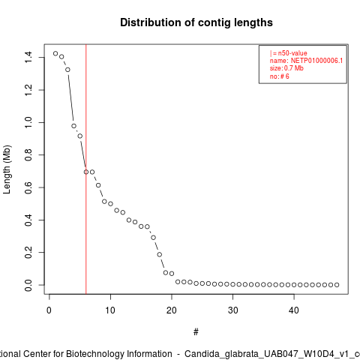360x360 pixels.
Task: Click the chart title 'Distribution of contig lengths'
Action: (x=196, y=22)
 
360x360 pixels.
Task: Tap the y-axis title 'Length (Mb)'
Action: (x=7, y=169)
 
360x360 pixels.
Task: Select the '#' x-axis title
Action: (x=196, y=332)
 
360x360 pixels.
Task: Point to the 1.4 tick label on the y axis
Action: (x=28, y=57)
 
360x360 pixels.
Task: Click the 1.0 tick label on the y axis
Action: (x=28, y=122)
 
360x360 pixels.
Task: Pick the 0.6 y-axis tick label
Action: (x=28, y=187)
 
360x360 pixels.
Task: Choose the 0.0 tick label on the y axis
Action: (x=28, y=285)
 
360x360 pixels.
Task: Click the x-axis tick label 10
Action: (x=110, y=310)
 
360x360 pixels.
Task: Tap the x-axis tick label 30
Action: (x=232, y=310)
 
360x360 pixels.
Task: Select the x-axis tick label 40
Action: (x=294, y=310)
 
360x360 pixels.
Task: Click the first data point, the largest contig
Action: (x=55, y=53)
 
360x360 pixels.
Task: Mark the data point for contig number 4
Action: (x=73, y=126)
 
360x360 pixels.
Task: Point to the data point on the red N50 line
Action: (x=86, y=172)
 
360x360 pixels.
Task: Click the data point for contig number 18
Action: (x=160, y=254)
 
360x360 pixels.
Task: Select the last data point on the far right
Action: (x=337, y=285)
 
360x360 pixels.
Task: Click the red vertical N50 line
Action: (x=86, y=169)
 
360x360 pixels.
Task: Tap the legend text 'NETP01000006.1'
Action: (x=316, y=61)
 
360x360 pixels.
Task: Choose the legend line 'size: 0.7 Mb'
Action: (x=286, y=68)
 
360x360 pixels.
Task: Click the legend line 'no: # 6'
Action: (x=280, y=76)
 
